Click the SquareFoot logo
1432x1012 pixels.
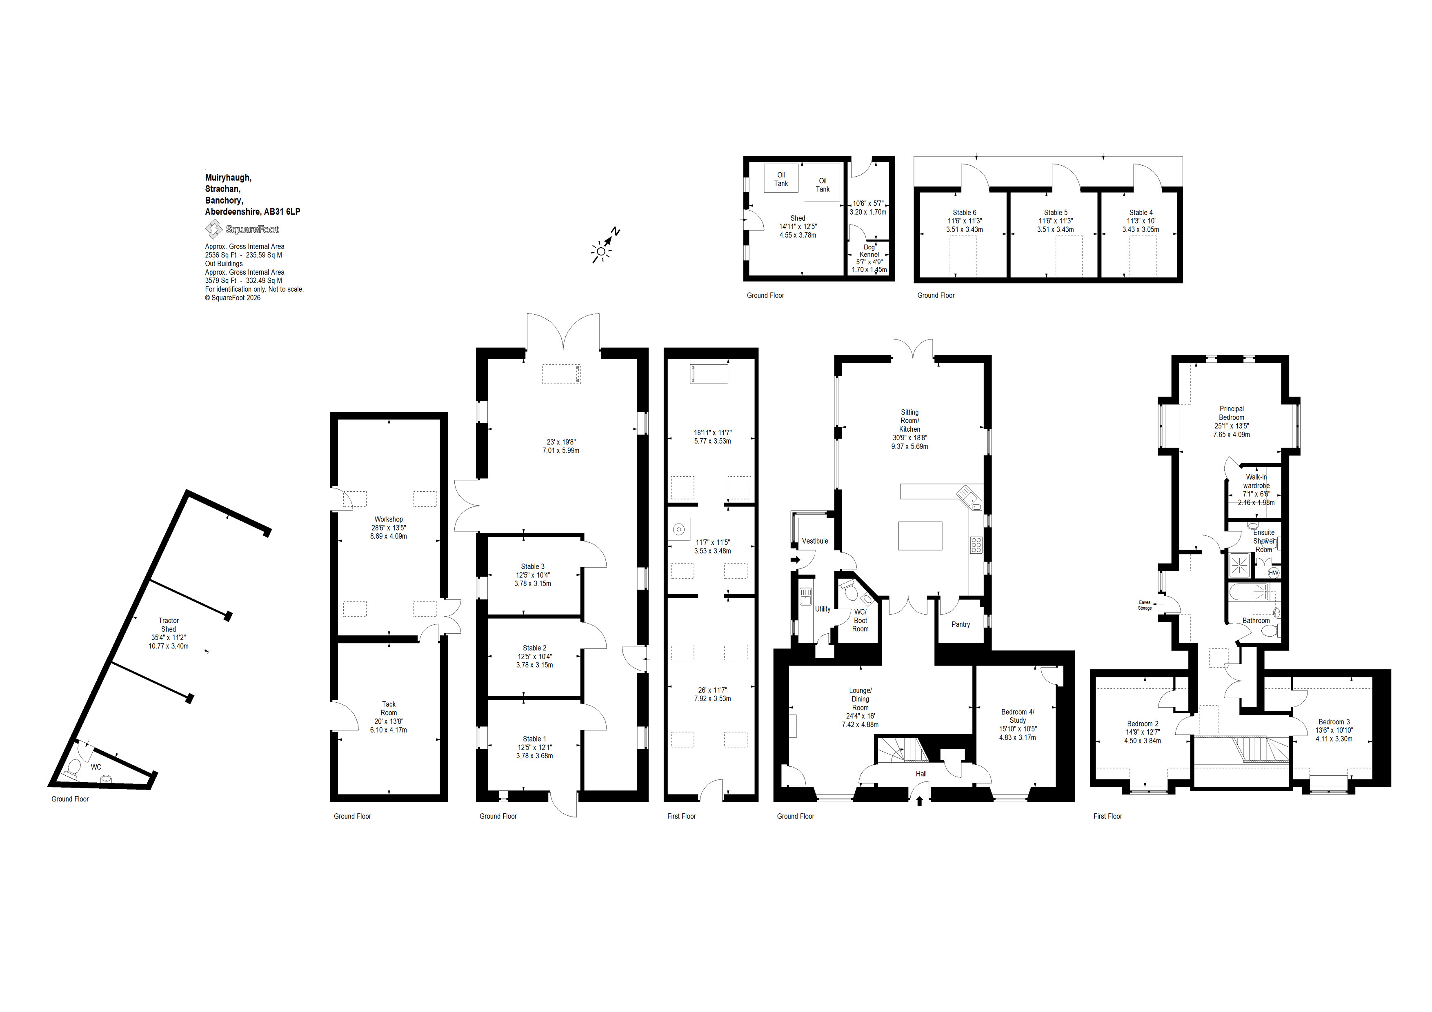242,229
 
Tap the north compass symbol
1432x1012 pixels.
605,245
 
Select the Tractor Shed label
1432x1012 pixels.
169,625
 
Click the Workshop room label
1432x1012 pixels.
389,519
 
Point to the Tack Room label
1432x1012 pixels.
389,708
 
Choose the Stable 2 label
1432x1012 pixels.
534,648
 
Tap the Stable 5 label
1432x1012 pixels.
1056,213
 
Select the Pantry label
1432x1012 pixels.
961,624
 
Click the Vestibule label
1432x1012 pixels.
815,541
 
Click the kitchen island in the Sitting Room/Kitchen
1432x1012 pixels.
920,536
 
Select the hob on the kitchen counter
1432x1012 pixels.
976,545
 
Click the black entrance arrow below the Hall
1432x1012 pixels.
919,801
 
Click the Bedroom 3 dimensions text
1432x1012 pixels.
1334,735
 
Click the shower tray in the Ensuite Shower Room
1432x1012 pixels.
1240,565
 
